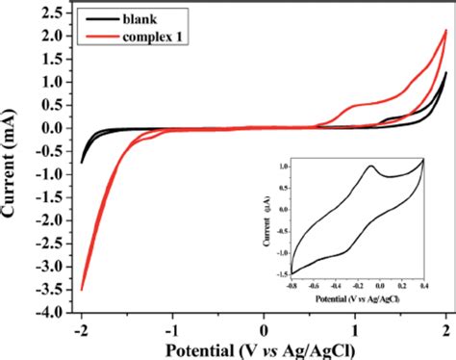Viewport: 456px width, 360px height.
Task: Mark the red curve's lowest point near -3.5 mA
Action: [82, 289]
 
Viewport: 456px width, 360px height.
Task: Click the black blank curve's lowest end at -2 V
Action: [82, 162]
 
